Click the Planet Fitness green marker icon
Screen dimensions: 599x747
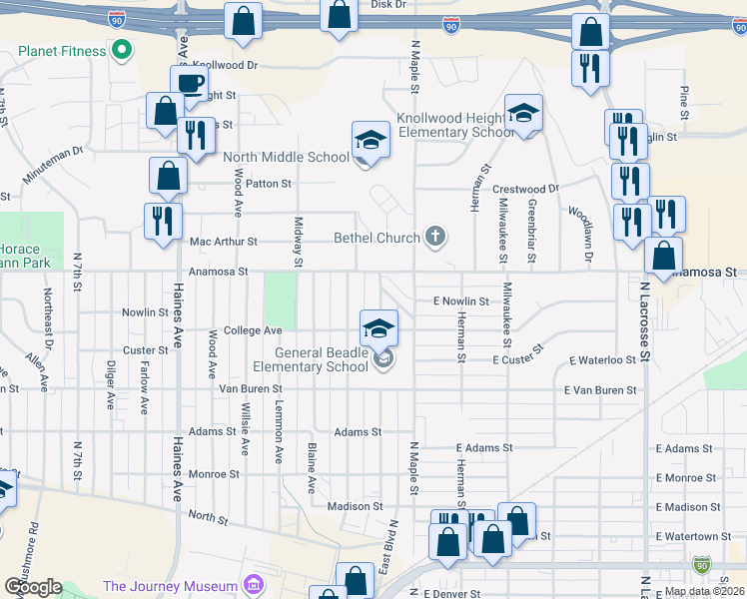(123, 50)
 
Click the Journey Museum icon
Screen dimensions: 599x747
(254, 585)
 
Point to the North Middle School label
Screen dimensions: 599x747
(286, 157)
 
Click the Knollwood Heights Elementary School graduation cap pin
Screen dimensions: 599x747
(522, 114)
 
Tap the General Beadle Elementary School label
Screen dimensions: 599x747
(322, 359)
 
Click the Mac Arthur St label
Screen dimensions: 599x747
(224, 242)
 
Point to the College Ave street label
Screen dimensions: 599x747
(253, 330)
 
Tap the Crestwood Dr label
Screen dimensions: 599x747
(526, 189)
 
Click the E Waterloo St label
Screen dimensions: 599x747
(602, 359)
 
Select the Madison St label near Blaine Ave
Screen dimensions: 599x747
(356, 506)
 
